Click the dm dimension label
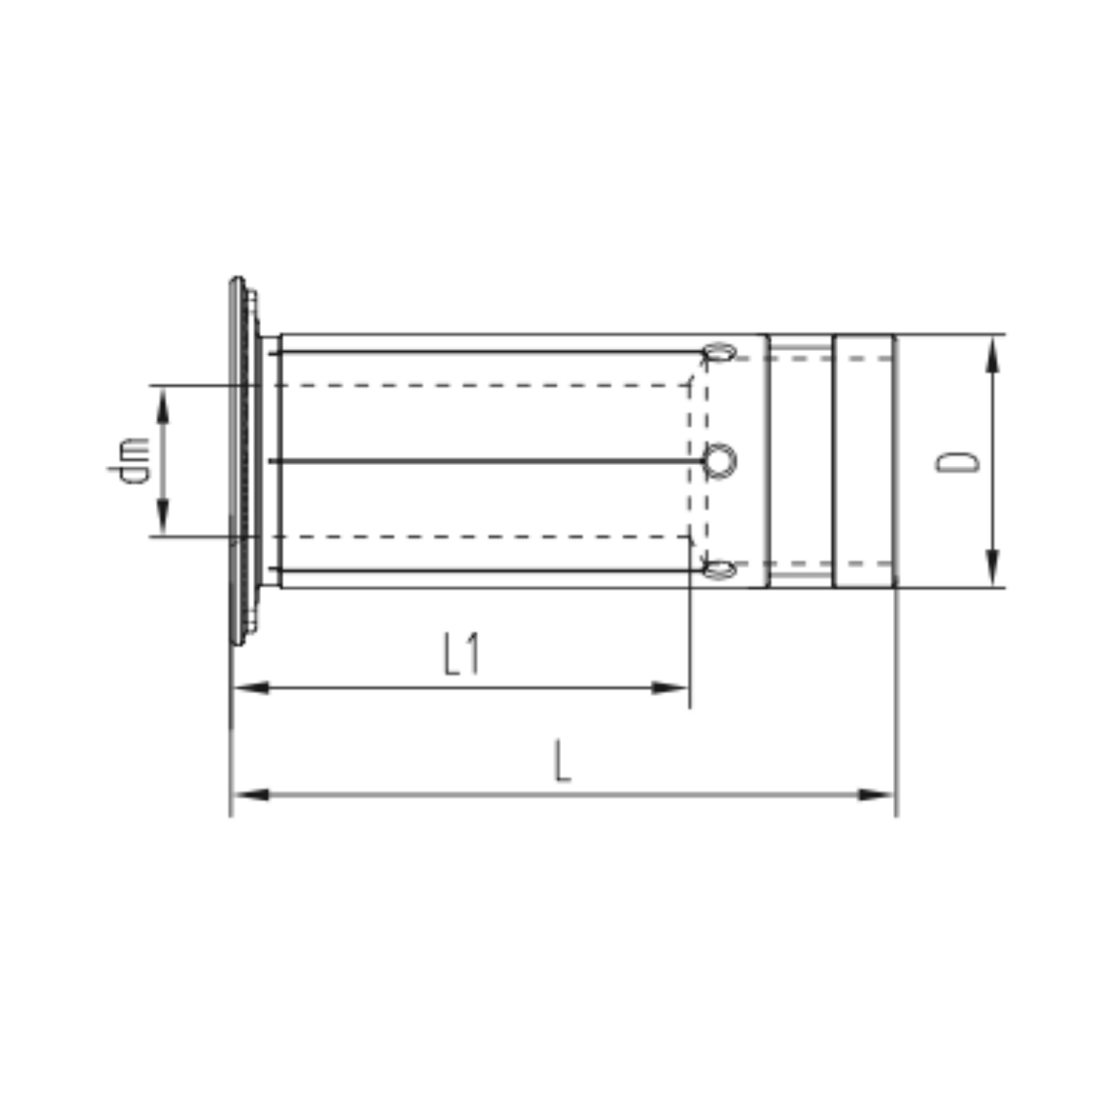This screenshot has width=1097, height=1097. pyautogui.click(x=129, y=460)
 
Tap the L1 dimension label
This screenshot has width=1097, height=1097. pyautogui.click(x=462, y=655)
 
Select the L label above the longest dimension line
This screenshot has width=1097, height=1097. pyautogui.click(x=562, y=761)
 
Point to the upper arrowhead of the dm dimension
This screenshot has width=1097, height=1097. pyautogui.click(x=162, y=404)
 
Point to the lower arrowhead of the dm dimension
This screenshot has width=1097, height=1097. pyautogui.click(x=162, y=517)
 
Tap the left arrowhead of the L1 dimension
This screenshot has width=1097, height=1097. pyautogui.click(x=251, y=687)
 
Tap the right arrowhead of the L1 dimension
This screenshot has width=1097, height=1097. pyautogui.click(x=669, y=687)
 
